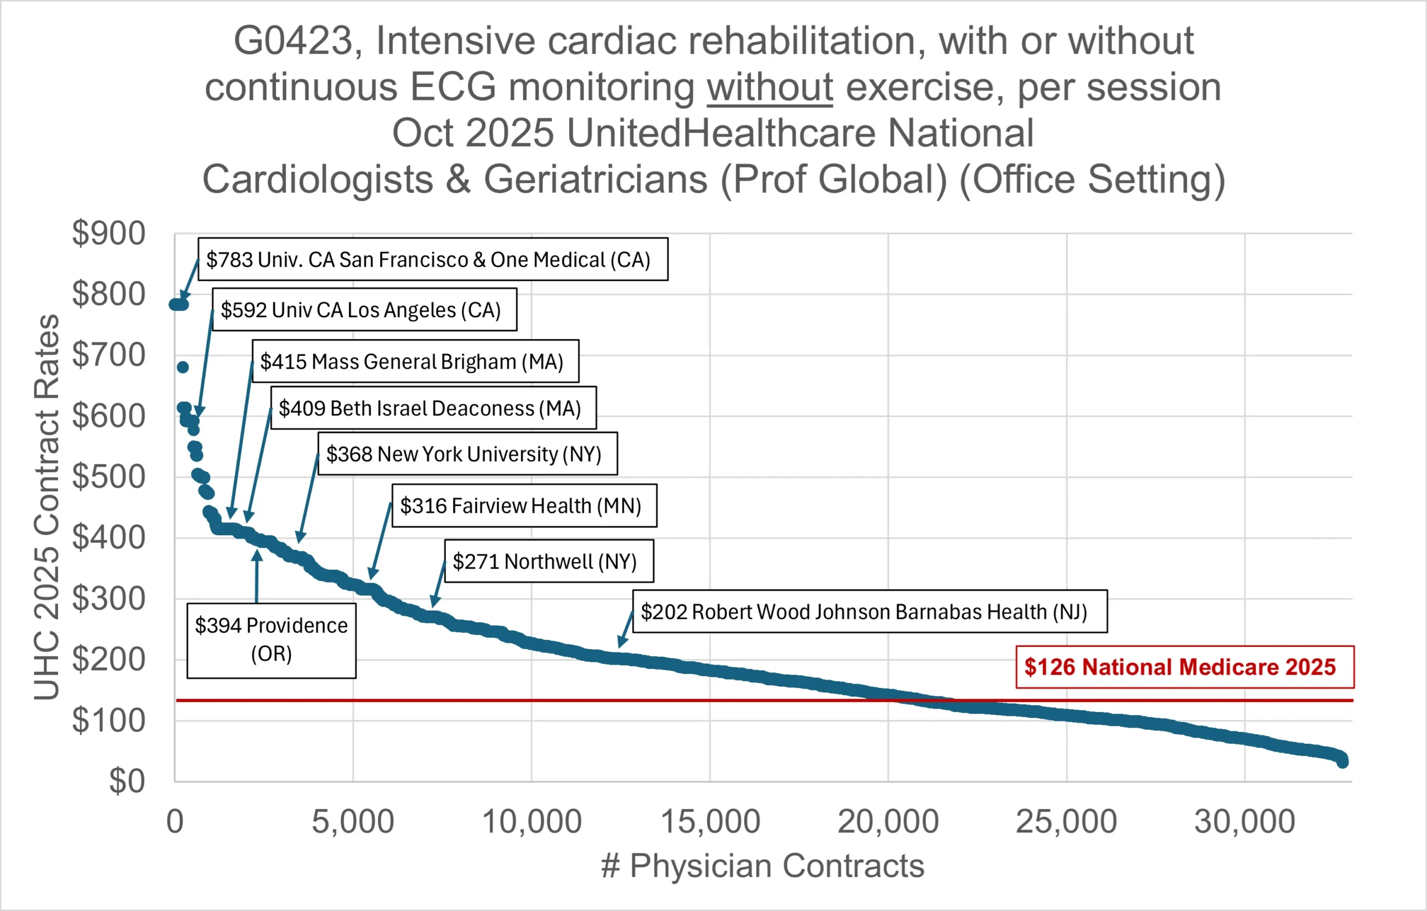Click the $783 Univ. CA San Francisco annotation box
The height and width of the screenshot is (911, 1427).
click(x=433, y=260)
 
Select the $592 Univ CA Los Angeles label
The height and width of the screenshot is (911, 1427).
click(x=364, y=310)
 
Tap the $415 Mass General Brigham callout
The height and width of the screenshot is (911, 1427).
click(x=415, y=361)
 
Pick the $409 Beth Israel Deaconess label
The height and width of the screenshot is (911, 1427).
click(x=433, y=408)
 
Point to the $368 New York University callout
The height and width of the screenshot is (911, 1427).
click(x=467, y=454)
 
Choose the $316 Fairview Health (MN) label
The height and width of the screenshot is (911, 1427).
click(x=524, y=506)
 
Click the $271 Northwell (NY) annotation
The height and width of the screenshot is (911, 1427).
click(x=548, y=561)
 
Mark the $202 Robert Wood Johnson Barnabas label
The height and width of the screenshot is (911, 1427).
click(x=870, y=611)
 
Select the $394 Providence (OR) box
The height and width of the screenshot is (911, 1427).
click(x=271, y=640)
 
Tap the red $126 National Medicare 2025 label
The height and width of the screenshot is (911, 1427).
click(x=1184, y=667)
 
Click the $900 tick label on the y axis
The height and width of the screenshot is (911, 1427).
click(x=109, y=233)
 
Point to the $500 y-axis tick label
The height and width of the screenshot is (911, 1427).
click(x=109, y=477)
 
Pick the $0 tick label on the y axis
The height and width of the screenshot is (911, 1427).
click(x=127, y=781)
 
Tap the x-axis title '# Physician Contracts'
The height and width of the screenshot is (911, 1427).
click(x=762, y=866)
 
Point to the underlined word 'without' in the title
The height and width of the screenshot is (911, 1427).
click(x=769, y=87)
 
